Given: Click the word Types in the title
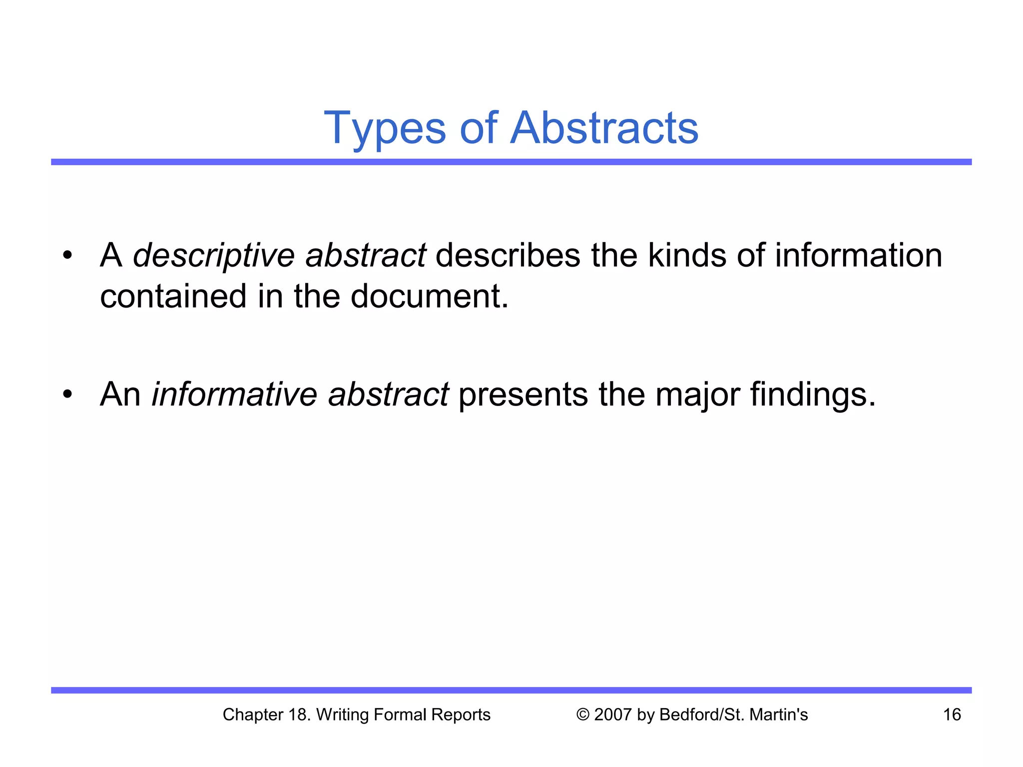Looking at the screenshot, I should pos(385,129).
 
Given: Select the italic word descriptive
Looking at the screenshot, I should pos(214,256).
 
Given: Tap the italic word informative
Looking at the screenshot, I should pos(234,394).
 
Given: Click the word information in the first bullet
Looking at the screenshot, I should pos(858,255).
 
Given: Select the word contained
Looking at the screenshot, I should pos(173,296).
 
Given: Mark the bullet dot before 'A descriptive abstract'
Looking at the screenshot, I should pos(67,256).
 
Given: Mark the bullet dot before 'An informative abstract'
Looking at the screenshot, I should pos(67,395).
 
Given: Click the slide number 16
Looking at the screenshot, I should pos(952,715).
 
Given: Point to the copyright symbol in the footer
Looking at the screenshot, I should pos(582,715).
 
